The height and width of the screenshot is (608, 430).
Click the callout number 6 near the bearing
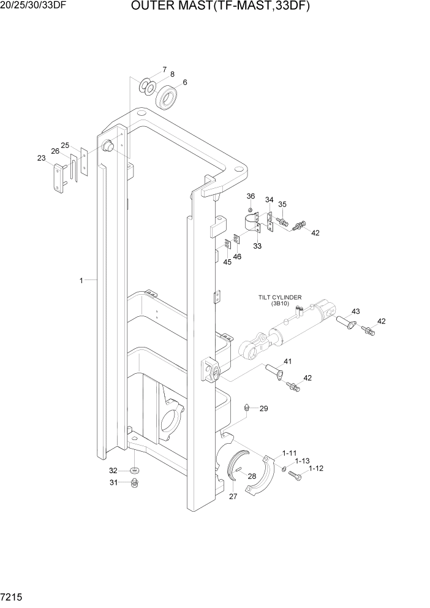185,82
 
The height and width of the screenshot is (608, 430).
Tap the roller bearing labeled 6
166,97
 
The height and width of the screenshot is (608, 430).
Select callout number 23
42,158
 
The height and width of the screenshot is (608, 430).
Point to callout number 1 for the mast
81,280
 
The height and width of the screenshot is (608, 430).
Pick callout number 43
355,311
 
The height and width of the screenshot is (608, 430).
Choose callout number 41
287,361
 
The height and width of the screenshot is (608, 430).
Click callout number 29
264,408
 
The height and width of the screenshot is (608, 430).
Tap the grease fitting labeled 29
246,407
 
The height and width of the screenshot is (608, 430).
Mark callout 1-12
316,468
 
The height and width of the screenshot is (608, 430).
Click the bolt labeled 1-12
295,474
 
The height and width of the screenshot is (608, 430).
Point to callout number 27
233,496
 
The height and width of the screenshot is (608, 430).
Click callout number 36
251,196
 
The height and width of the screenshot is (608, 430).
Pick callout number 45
227,262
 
